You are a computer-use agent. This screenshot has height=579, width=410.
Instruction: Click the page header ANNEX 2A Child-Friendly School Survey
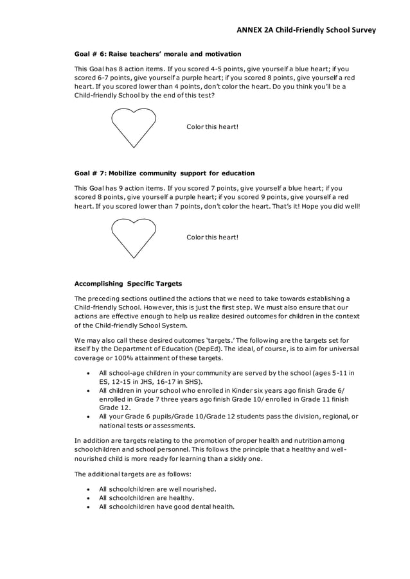305,30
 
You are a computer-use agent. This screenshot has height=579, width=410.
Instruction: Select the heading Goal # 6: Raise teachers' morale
157,54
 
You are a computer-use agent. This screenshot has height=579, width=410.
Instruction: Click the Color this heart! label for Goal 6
212,127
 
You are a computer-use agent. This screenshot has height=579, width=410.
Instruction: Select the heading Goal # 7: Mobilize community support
165,173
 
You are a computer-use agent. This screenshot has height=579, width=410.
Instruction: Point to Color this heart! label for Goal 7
212,238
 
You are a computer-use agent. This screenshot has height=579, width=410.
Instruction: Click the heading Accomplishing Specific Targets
128,283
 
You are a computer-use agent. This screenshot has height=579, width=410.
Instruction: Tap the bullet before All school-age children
87,373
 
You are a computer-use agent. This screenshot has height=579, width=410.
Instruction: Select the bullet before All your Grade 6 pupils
87,417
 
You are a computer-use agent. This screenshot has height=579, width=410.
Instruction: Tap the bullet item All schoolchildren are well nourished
157,488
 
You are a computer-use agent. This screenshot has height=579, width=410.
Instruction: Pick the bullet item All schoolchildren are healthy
147,497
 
